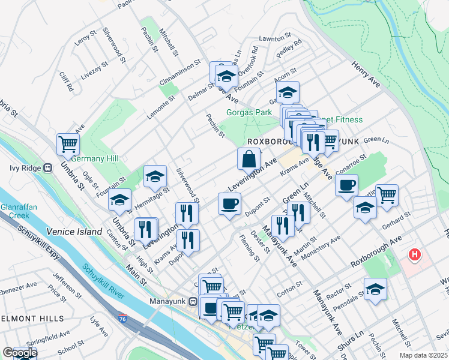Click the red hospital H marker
(414, 255)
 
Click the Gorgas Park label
(249, 112)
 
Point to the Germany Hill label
(94, 158)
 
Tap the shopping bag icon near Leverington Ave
(249, 160)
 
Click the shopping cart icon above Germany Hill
(68, 144)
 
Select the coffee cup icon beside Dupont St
(229, 203)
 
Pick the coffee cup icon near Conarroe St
(346, 185)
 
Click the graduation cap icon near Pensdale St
(375, 289)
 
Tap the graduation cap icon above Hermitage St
(155, 176)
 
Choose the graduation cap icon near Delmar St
(226, 76)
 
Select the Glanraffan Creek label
(15, 211)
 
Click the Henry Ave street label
(366, 74)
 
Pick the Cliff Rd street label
(67, 82)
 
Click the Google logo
(20, 353)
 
